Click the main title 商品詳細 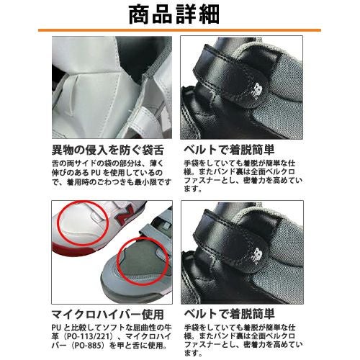click(x=174, y=15)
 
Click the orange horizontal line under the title click(x=179, y=30)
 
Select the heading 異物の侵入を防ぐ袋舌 click(x=108, y=150)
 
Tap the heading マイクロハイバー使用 click(x=107, y=315)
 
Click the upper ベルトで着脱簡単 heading click(x=229, y=150)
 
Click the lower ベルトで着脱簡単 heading click(x=229, y=314)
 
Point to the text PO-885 click(x=87, y=346)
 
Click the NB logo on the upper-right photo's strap click(x=257, y=91)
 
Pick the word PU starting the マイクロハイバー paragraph click(x=57, y=328)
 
